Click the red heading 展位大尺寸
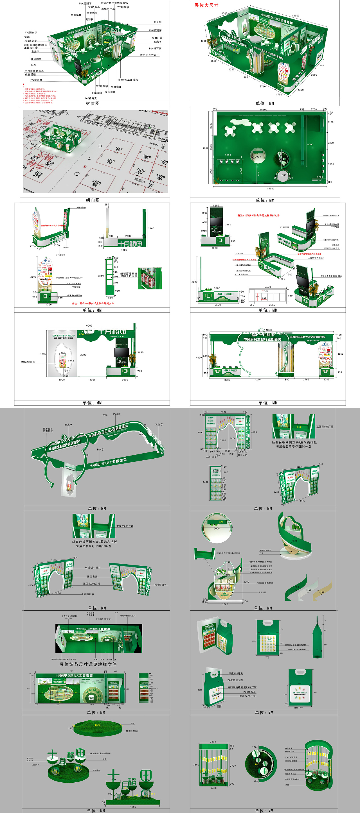pos(206,5)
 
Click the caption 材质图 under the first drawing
pos(93,103)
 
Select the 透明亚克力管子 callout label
pos(149,55)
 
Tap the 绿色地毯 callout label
pos(110,92)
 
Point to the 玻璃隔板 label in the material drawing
pos(36,59)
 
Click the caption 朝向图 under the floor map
pos(93,200)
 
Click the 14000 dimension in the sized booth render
pos(296,15)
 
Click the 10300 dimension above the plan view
pos(263,110)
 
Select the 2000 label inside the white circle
pos(258,157)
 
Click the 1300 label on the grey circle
pos(283,175)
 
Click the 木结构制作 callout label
pos(28,362)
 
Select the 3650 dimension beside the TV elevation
pos(140,352)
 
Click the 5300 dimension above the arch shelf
pos(223,412)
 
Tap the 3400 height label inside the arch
pos(232,438)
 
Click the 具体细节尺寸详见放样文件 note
pos(88,664)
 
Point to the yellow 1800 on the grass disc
pos(98,725)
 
